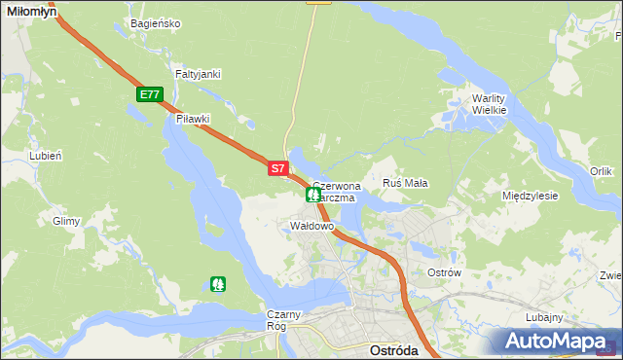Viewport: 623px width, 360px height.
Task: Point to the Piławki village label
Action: (194, 119)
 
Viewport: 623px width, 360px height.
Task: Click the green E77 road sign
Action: (149, 94)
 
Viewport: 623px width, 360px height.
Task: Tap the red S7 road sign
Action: (277, 168)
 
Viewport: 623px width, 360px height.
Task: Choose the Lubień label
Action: (46, 156)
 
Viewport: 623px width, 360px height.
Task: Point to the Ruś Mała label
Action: (406, 183)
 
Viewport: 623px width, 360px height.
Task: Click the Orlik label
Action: (601, 171)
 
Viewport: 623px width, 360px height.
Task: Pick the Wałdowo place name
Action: (312, 226)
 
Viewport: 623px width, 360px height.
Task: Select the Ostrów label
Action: (444, 272)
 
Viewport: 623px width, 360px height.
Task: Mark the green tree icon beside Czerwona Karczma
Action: (313, 194)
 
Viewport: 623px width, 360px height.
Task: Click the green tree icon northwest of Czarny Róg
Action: (217, 284)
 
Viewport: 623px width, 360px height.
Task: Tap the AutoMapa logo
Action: (556, 341)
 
